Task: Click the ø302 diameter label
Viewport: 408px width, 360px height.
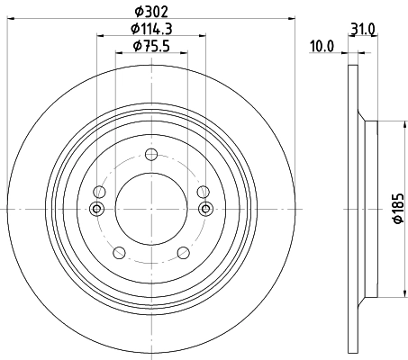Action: click(x=151, y=12)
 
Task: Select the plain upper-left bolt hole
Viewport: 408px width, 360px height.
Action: click(x=100, y=191)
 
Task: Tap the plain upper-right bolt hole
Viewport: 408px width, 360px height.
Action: click(x=203, y=191)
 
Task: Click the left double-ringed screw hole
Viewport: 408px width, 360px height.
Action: click(x=97, y=210)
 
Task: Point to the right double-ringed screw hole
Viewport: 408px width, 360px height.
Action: click(x=205, y=210)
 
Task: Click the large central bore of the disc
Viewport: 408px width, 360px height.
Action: click(x=151, y=209)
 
